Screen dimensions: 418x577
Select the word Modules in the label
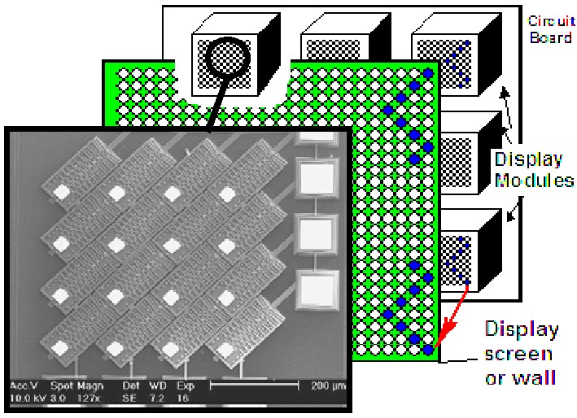click(535, 180)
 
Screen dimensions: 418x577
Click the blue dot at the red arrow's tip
click(428, 351)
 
